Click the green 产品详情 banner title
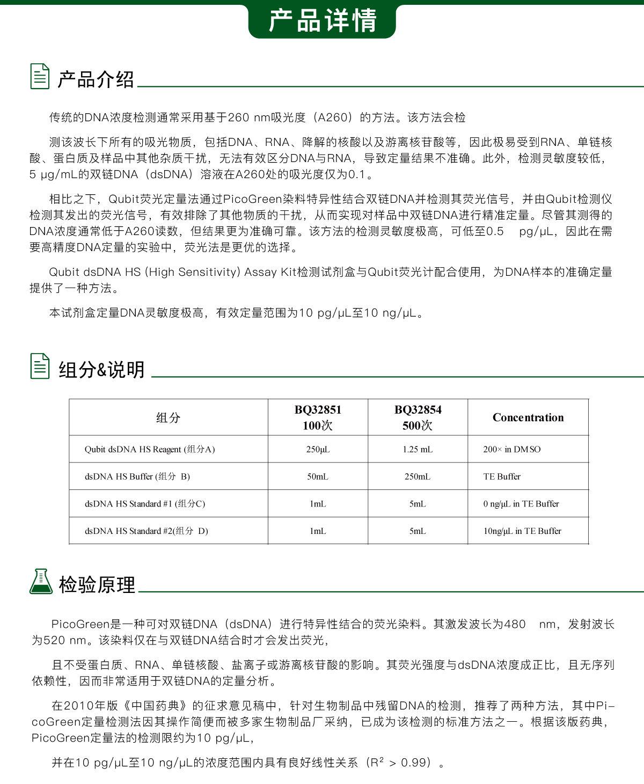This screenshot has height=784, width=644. (322, 21)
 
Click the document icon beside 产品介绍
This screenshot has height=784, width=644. (40, 76)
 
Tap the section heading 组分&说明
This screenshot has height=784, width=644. (101, 370)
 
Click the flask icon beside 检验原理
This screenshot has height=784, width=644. (41, 582)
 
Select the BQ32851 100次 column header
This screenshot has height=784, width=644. (318, 417)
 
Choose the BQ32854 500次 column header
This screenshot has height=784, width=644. (418, 417)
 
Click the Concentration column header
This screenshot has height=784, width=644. (528, 417)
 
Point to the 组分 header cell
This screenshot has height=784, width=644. (168, 417)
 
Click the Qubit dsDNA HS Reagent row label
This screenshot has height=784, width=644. (150, 449)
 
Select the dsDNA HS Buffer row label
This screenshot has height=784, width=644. (137, 477)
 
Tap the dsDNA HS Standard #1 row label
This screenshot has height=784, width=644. (145, 504)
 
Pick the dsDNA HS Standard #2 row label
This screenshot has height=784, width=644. (147, 531)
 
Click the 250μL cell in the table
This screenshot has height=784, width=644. (318, 449)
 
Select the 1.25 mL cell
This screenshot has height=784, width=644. (418, 449)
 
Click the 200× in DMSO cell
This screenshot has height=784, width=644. (512, 449)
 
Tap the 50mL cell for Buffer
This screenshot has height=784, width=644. (318, 477)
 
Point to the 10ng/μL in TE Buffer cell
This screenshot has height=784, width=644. (522, 531)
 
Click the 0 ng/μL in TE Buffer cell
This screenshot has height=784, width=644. (521, 504)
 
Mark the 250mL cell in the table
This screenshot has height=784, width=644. (418, 477)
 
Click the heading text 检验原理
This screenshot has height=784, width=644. (97, 584)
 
